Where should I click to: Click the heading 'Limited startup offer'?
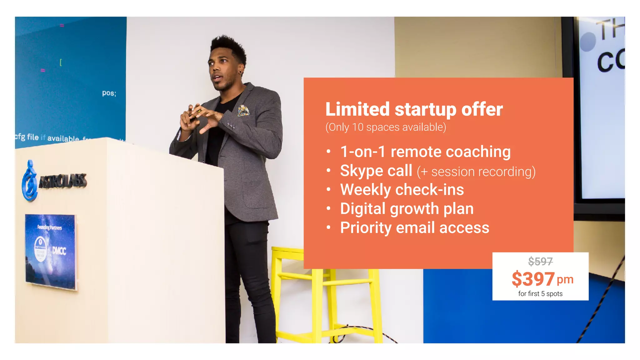tap(414, 109)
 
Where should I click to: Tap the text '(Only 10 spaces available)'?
tap(386, 127)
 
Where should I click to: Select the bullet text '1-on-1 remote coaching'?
tap(425, 152)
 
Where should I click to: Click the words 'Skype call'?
tap(376, 171)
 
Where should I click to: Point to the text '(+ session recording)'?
tap(476, 172)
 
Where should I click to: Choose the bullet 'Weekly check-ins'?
tap(402, 190)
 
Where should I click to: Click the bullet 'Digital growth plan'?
tap(407, 209)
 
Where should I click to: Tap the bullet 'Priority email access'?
tap(414, 228)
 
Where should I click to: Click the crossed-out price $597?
tap(540, 261)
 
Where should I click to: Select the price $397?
tap(533, 279)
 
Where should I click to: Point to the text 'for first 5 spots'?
tap(540, 294)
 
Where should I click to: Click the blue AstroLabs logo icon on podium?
tap(30, 181)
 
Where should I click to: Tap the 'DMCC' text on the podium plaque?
tap(59, 251)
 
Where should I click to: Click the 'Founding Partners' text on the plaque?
tap(50, 227)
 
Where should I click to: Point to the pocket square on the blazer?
tap(243, 110)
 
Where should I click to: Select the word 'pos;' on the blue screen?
tap(109, 93)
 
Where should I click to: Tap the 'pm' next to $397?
tap(565, 279)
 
